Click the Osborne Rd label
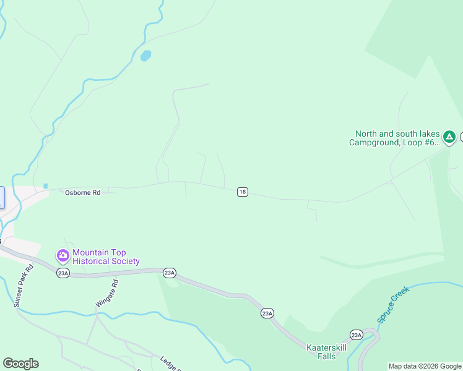[82, 193]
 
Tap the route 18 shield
[242, 192]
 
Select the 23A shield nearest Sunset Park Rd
[63, 273]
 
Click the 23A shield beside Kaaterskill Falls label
[356, 335]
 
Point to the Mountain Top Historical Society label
[106, 257]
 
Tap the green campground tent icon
[449, 137]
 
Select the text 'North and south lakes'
[397, 134]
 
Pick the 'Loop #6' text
[423, 142]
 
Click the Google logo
[20, 364]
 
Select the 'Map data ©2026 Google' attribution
[425, 366]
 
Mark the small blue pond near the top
[146, 56]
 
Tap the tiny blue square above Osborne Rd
[45, 185]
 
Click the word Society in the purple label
[125, 261]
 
